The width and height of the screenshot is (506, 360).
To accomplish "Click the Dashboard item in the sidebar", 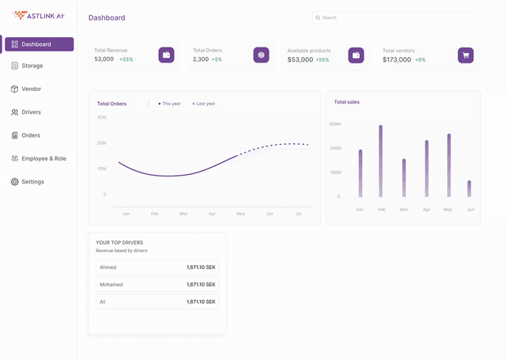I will click(39, 44).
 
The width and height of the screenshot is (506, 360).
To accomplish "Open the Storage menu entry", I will click(32, 66).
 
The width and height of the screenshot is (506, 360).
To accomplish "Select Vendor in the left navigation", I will click(31, 89).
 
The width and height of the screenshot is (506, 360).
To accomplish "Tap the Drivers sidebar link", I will click(31, 112).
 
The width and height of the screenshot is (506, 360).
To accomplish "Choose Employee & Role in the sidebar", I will click(43, 158).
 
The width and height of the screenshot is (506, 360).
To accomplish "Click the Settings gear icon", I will click(15, 182).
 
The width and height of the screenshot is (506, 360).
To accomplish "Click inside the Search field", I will click(395, 17).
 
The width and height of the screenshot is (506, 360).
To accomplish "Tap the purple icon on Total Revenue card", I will click(166, 55).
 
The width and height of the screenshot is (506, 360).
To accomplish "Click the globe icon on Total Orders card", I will click(261, 55).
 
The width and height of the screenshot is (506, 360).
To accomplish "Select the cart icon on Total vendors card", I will click(466, 55).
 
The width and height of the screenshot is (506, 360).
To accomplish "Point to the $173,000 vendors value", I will click(397, 59).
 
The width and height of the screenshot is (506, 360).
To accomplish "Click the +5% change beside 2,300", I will click(217, 59).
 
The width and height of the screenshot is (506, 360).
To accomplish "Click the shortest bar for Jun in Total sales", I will click(469, 188).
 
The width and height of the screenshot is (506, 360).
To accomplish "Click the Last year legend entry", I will click(205, 104).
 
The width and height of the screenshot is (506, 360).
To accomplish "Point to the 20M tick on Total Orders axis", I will click(101, 143).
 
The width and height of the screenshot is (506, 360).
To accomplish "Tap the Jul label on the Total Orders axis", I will click(298, 214).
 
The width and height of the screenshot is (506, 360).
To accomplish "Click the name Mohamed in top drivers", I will click(111, 284).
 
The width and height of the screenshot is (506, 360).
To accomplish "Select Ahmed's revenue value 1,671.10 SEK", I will click(201, 267).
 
